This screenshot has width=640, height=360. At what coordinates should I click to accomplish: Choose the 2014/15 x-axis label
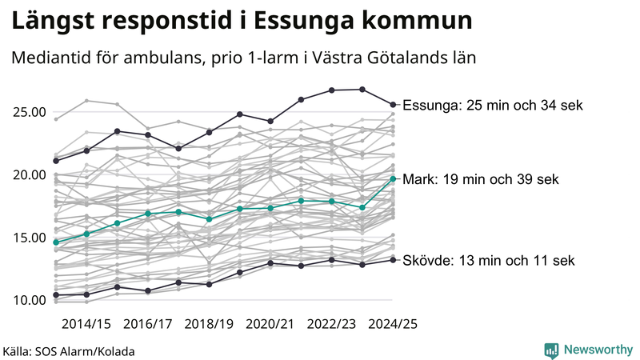(86, 324)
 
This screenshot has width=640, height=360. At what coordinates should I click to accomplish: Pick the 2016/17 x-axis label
(148, 324)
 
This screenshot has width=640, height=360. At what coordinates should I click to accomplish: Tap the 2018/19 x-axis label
(210, 324)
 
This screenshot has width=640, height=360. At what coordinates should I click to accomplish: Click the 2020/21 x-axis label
(271, 324)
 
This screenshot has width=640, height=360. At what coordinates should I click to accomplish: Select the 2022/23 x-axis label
(333, 324)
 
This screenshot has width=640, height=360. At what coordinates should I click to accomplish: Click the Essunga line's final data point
(393, 104)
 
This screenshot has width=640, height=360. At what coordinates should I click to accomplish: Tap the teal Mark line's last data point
(393, 178)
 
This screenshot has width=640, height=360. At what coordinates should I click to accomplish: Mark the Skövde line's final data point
(393, 259)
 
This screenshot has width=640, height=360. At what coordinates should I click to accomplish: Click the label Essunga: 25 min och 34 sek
(493, 105)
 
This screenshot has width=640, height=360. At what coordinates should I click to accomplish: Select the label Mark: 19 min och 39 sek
(481, 179)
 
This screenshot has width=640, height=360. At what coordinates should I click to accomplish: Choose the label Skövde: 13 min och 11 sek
(488, 260)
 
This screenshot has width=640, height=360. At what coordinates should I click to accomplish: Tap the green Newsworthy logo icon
(551, 350)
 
